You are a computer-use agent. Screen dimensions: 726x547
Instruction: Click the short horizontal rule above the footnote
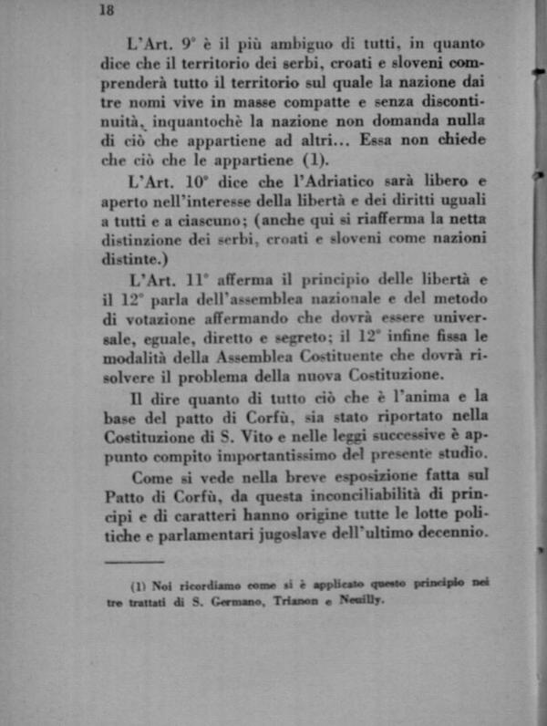(x=134, y=562)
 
